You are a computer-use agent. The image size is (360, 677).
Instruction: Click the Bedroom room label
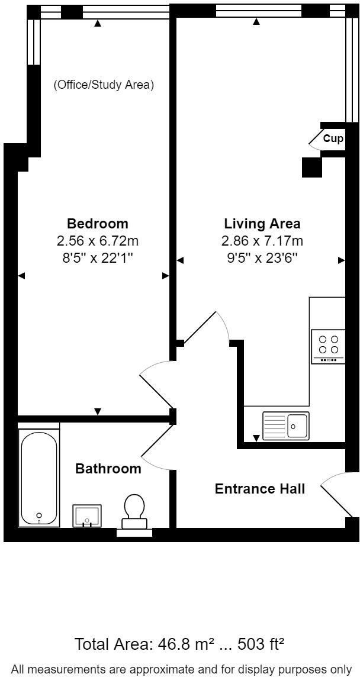pos(98,224)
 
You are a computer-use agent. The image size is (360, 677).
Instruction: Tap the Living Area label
pos(262,224)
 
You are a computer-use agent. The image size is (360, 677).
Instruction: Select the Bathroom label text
pos(108,469)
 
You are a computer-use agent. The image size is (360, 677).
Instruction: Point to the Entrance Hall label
pos(260,489)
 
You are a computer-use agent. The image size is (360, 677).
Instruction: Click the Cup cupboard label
pos(333,139)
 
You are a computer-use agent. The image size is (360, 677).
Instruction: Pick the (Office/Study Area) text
pos(104,85)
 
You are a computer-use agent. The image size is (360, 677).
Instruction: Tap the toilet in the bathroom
pos(134,512)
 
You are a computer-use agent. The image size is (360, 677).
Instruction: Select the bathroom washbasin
pos(87,515)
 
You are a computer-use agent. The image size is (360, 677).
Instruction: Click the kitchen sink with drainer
pos(285,425)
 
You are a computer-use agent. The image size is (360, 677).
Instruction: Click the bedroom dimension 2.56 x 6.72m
pos(98,241)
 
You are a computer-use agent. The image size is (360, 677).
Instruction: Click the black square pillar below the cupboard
pos(311,167)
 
